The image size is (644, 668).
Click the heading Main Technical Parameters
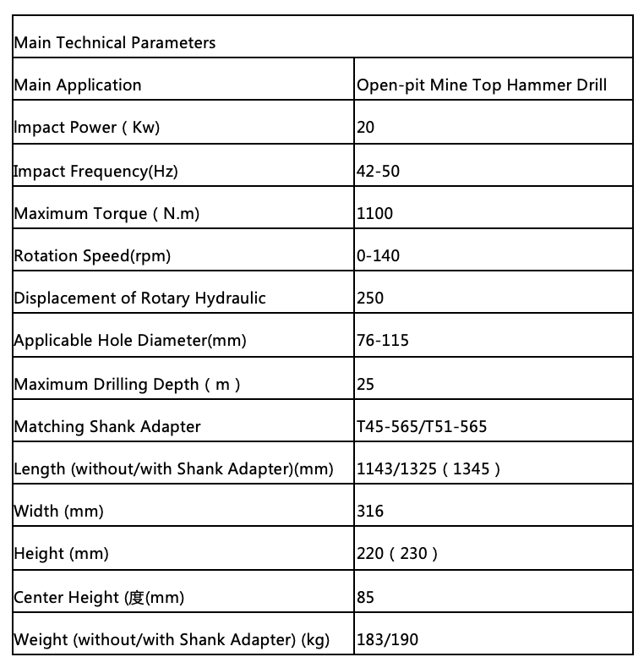click(x=115, y=42)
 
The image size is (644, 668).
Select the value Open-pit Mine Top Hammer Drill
click(x=482, y=85)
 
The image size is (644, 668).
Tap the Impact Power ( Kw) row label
click(x=86, y=128)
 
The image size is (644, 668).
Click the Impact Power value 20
click(x=366, y=128)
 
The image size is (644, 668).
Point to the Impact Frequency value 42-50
click(x=379, y=171)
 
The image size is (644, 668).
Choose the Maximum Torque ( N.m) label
click(x=106, y=213)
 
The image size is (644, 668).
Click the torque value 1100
click(x=375, y=213)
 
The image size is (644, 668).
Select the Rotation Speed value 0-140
click(x=379, y=255)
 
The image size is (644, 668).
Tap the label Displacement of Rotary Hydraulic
click(x=139, y=298)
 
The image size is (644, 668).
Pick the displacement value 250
click(x=370, y=298)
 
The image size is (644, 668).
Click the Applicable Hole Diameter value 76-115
click(x=383, y=341)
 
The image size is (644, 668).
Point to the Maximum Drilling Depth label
click(x=127, y=384)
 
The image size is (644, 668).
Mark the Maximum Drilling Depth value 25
click(x=366, y=384)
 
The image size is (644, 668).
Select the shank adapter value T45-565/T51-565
click(x=422, y=426)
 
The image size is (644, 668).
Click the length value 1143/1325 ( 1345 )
click(x=428, y=468)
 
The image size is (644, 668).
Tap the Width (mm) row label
click(x=48, y=511)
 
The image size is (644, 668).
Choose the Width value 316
click(x=370, y=511)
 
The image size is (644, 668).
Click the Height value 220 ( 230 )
click(x=397, y=554)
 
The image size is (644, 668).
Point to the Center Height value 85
click(x=366, y=597)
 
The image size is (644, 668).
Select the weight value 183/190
click(x=387, y=639)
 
